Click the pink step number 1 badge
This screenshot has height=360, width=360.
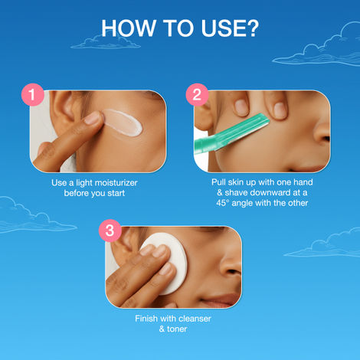click(x=33, y=94)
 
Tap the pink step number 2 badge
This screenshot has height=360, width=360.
click(x=197, y=94)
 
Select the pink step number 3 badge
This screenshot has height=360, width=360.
click(x=110, y=231)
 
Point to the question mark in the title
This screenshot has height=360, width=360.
click(x=252, y=28)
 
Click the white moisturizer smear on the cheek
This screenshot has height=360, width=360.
click(x=123, y=123)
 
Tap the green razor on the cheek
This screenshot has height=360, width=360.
click(x=231, y=135)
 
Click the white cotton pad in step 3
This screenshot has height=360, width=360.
click(x=166, y=263)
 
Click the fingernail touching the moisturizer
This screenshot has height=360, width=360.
click(x=93, y=118)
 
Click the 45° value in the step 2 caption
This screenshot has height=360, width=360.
click(x=223, y=203)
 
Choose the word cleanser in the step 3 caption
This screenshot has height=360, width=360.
click(x=195, y=319)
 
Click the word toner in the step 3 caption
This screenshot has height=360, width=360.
click(x=177, y=329)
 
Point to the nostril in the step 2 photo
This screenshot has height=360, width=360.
click(x=326, y=139)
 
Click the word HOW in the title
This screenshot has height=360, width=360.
click(x=129, y=28)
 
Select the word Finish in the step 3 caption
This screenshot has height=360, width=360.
click(x=146, y=319)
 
